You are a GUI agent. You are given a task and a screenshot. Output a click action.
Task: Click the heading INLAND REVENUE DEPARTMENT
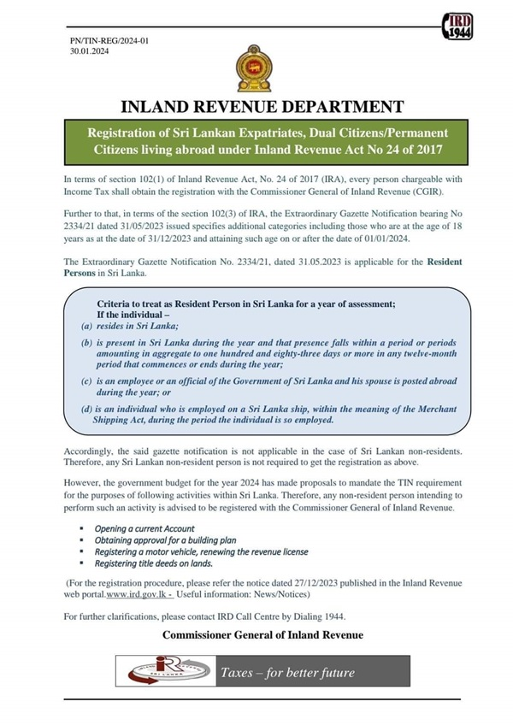pos(262,107)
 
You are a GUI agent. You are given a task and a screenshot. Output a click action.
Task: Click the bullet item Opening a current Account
pos(144,529)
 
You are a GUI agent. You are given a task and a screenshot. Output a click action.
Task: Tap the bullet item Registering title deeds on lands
pos(154,563)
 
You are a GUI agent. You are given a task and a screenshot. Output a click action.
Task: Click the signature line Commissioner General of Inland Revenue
pos(262,635)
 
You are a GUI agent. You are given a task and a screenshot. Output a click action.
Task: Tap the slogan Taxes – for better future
pos(286,673)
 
